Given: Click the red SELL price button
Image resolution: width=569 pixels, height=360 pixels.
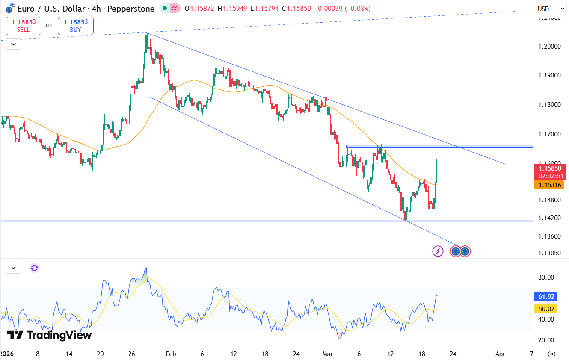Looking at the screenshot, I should (x=24, y=26).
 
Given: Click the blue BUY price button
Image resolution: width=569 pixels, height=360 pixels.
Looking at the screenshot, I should (x=75, y=26).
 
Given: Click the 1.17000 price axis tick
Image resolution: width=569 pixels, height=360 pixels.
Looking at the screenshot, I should (x=549, y=134).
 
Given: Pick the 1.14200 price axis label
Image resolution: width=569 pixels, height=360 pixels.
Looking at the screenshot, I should (x=549, y=218).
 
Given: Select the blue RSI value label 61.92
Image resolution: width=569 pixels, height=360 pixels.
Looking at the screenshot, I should (x=547, y=296).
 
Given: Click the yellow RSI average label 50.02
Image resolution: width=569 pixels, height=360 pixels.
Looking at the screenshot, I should (x=547, y=309).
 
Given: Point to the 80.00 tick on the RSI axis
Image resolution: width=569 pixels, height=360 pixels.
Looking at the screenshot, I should (x=546, y=277).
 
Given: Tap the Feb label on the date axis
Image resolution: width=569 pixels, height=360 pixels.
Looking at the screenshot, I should (x=171, y=354).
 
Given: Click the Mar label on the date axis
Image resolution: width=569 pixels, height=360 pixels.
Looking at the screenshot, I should (x=328, y=354).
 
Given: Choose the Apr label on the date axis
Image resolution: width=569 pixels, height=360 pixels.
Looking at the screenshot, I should (x=500, y=354).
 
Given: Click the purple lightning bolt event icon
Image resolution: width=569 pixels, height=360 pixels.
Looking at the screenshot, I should (x=438, y=251).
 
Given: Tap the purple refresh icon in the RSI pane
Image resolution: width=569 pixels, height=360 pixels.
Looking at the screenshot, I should (x=34, y=268).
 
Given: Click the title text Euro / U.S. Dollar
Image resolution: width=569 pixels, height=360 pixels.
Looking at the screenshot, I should (x=51, y=9).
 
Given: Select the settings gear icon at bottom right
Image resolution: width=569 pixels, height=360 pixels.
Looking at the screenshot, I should (x=551, y=354).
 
